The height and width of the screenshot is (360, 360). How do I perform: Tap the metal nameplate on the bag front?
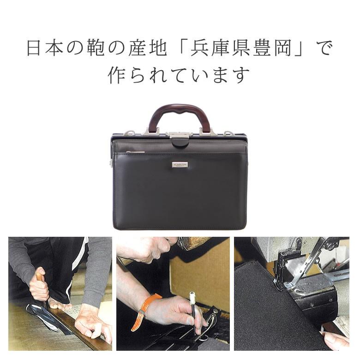pyautogui.click(x=180, y=165)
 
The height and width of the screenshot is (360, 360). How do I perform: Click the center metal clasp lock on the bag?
pyautogui.click(x=179, y=135)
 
